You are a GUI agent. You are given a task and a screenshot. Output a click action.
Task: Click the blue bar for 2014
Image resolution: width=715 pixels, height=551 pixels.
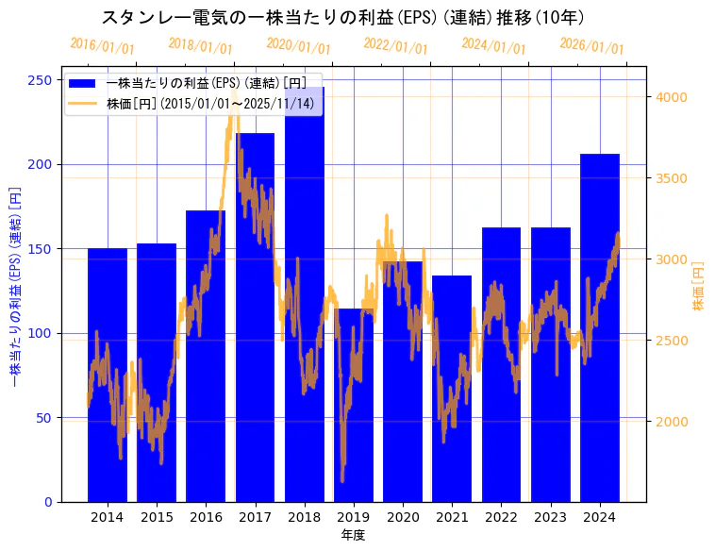coord(108,377)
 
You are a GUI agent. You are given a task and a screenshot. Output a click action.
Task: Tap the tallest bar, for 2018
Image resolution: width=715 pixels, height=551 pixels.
coord(305,302)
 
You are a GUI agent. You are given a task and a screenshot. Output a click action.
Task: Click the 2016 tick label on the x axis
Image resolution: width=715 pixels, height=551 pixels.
coord(206,517)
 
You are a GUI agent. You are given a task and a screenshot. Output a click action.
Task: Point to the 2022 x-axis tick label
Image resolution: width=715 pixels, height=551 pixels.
coord(501,517)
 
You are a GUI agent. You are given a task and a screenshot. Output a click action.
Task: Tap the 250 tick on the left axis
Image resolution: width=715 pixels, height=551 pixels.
coord(40,80)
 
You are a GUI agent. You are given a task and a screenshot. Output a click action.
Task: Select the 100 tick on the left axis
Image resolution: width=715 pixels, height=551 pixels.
coord(40,333)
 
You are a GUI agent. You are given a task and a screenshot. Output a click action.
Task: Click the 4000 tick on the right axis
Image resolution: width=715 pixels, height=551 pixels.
coord(671,97)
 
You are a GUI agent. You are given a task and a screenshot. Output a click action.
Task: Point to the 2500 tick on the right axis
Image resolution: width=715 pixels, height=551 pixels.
coord(671,340)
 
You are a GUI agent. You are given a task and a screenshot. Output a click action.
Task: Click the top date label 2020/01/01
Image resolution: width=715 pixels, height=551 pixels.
coord(298,45)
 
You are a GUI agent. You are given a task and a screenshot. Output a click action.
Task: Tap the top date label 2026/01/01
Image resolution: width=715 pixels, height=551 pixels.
coord(591,45)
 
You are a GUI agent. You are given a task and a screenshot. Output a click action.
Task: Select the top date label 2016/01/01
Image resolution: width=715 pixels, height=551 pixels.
coord(102,45)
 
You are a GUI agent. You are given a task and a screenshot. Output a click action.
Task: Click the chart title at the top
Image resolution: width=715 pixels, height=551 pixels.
coord(343,18)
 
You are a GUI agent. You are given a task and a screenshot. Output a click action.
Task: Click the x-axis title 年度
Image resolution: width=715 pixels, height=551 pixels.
coord(353,535)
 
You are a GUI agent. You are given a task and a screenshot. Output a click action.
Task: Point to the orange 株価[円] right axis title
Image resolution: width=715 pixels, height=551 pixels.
coord(699,286)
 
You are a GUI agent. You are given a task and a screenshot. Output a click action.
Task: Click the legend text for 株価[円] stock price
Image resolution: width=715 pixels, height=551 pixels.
coord(211,104)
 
